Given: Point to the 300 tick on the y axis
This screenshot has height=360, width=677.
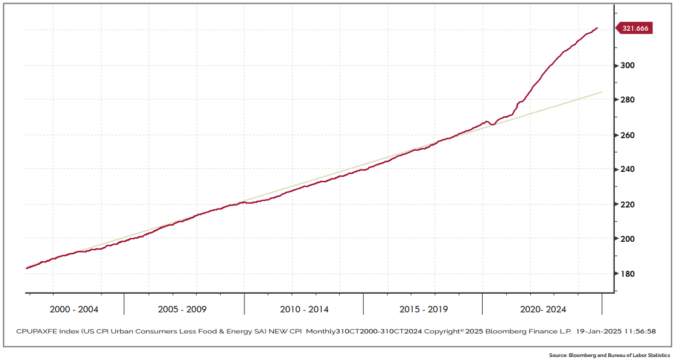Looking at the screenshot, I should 628,65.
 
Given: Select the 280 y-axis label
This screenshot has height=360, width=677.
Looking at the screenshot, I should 628,100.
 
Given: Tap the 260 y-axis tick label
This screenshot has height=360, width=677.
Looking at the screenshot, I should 628,135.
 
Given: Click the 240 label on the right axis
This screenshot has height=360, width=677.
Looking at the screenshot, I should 628,169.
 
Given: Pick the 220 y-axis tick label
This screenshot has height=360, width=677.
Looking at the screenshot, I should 628,204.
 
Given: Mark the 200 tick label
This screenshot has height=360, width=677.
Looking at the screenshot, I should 628,239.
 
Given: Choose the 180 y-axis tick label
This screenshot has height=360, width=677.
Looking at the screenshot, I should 628,274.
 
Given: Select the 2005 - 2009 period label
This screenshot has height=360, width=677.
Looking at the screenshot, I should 183,309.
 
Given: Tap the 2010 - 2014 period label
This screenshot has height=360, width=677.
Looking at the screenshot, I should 305,309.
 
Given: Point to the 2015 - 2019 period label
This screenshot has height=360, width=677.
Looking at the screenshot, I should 424,309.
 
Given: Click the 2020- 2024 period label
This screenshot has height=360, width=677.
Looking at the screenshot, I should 543,309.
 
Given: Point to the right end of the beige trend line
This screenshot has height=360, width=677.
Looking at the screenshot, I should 602,92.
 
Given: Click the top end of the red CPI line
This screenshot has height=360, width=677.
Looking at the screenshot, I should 597,28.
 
